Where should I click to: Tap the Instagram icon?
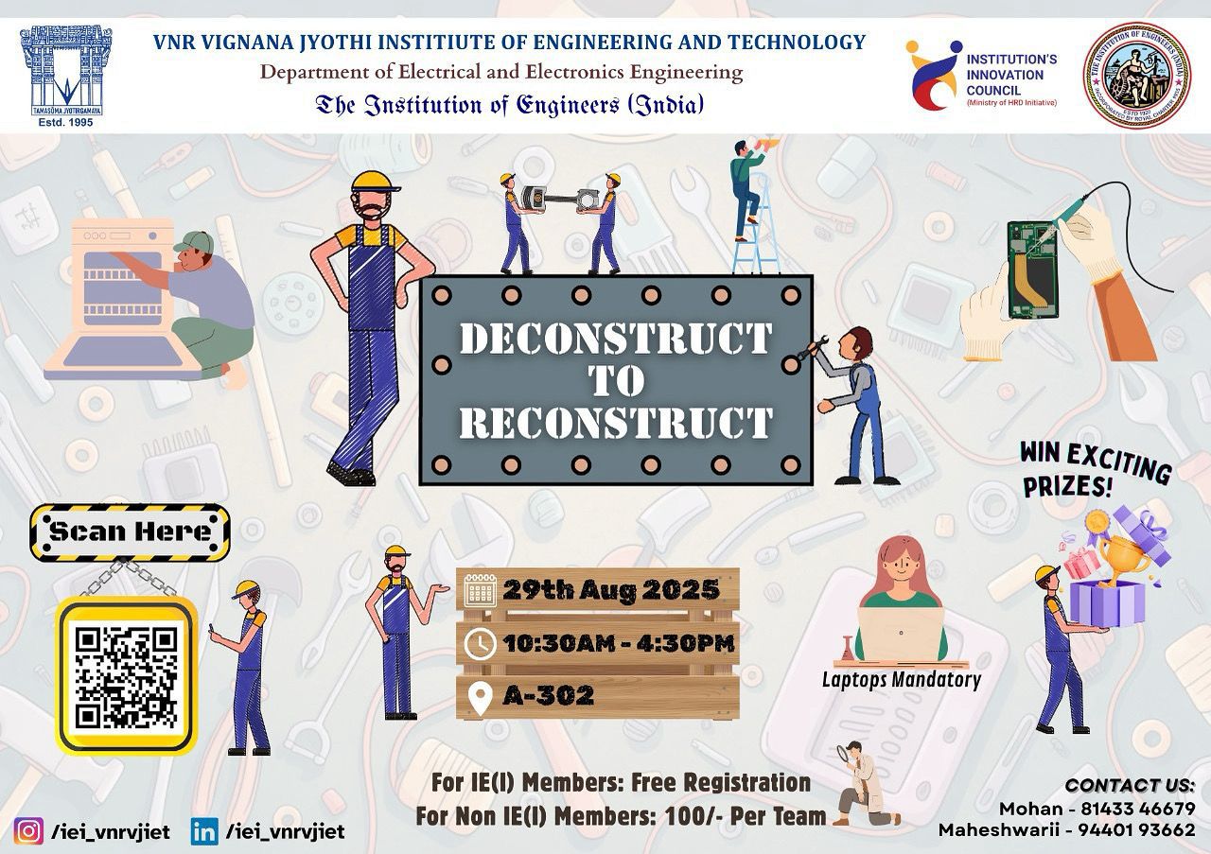pos(29,831)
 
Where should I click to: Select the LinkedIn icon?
pos(203,831)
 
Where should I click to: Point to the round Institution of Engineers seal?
pos(1136,75)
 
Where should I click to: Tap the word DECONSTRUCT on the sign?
pos(615,340)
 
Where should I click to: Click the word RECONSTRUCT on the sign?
pos(615,423)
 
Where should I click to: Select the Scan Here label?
pos(130,532)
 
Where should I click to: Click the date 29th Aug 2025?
pos(611,591)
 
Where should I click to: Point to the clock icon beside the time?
pos(481,644)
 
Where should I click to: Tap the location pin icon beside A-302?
pos(481,697)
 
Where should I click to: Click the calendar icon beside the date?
pos(481,592)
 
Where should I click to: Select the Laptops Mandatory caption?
pos(901,679)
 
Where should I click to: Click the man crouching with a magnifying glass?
pos(862,784)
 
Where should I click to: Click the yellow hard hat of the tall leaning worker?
pos(376,182)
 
